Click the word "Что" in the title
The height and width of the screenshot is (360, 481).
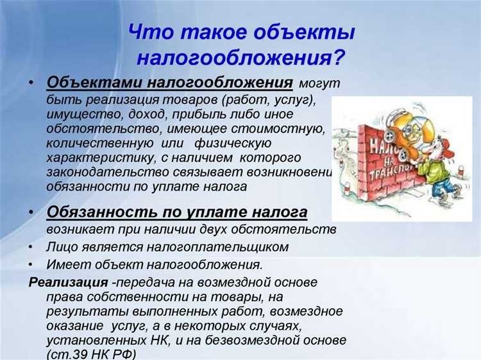[x=153, y=31]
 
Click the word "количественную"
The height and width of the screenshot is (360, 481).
[x=91, y=143]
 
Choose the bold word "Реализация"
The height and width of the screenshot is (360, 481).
[x=67, y=282]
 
